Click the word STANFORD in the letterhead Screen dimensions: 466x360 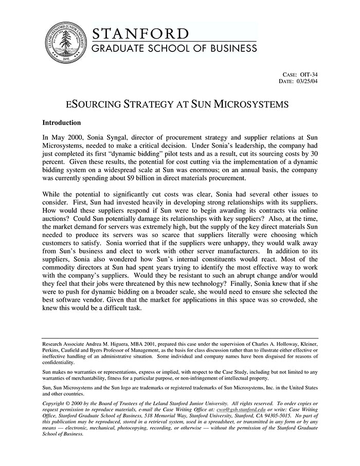point(140,34)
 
